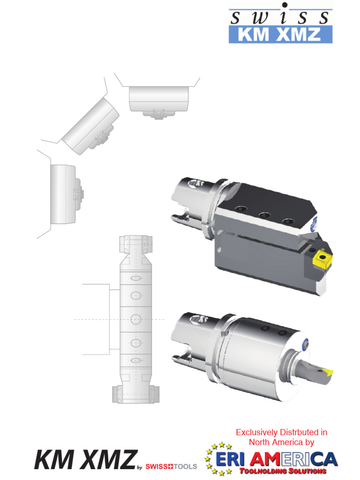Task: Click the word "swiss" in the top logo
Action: (280, 18)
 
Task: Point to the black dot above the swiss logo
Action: (284, 5)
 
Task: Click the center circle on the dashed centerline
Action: (136, 319)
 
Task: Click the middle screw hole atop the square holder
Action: (265, 215)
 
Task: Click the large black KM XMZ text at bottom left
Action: (85, 459)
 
